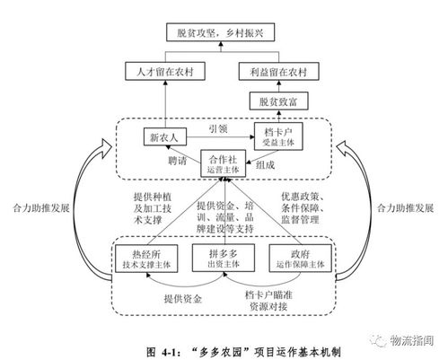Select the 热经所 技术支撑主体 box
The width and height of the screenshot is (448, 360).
147,256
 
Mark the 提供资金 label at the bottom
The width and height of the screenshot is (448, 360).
182,298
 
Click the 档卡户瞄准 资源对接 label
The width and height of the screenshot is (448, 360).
265,297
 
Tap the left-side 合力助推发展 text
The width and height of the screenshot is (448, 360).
40,206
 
